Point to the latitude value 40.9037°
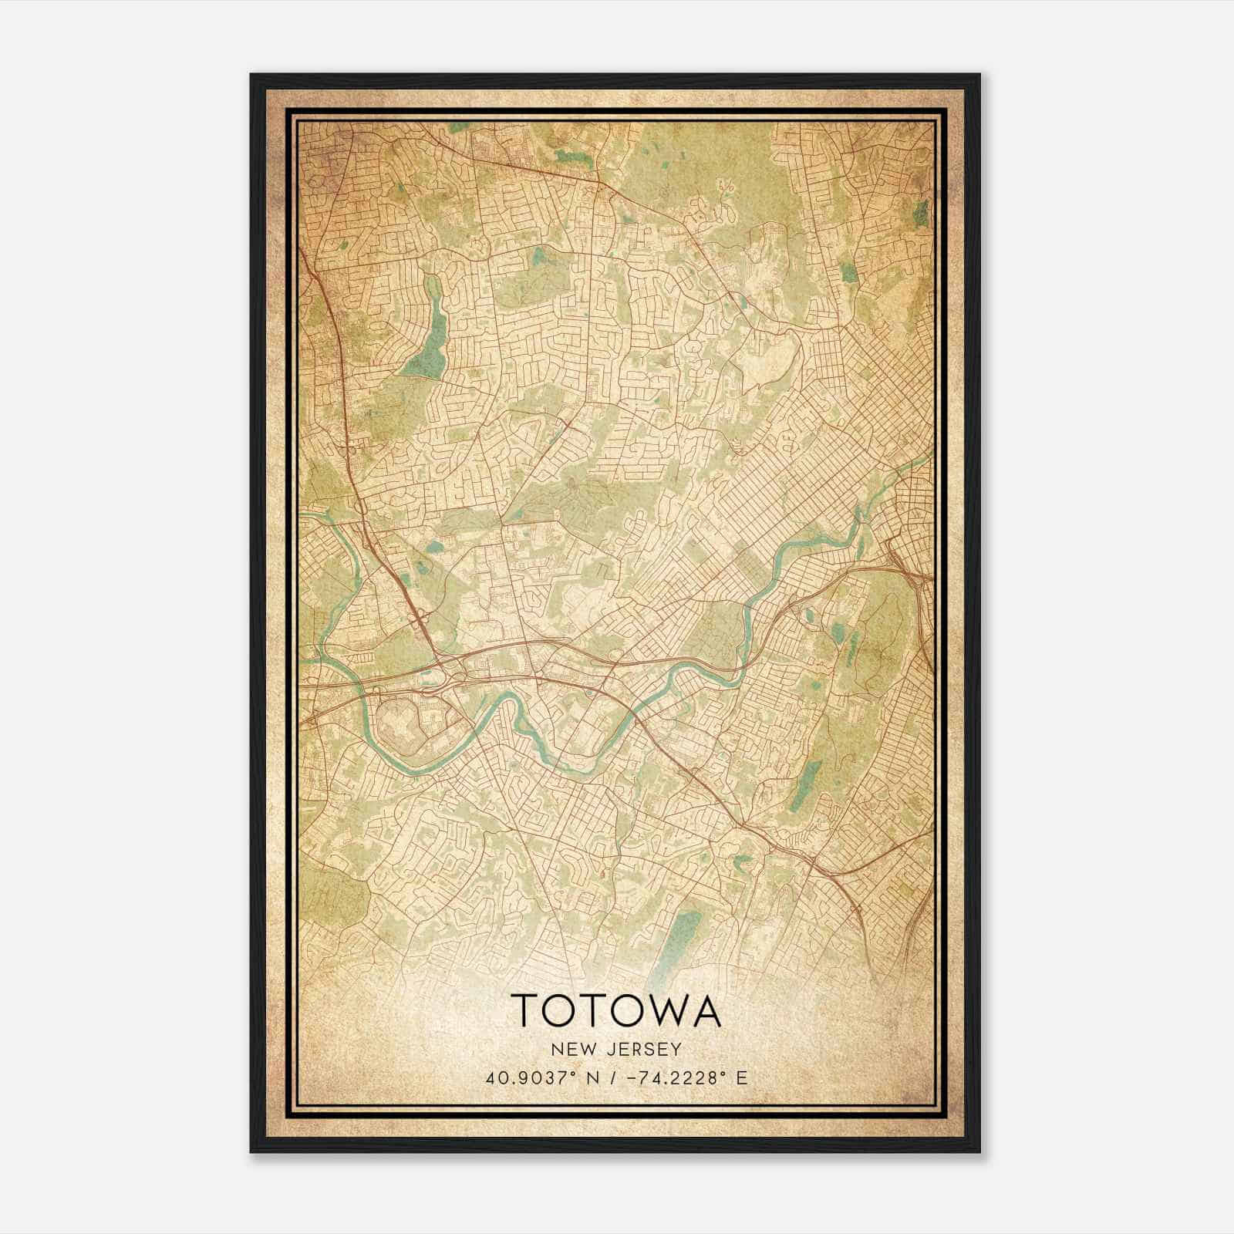click(524, 1078)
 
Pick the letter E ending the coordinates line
click(741, 1078)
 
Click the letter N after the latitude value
click(571, 1078)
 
